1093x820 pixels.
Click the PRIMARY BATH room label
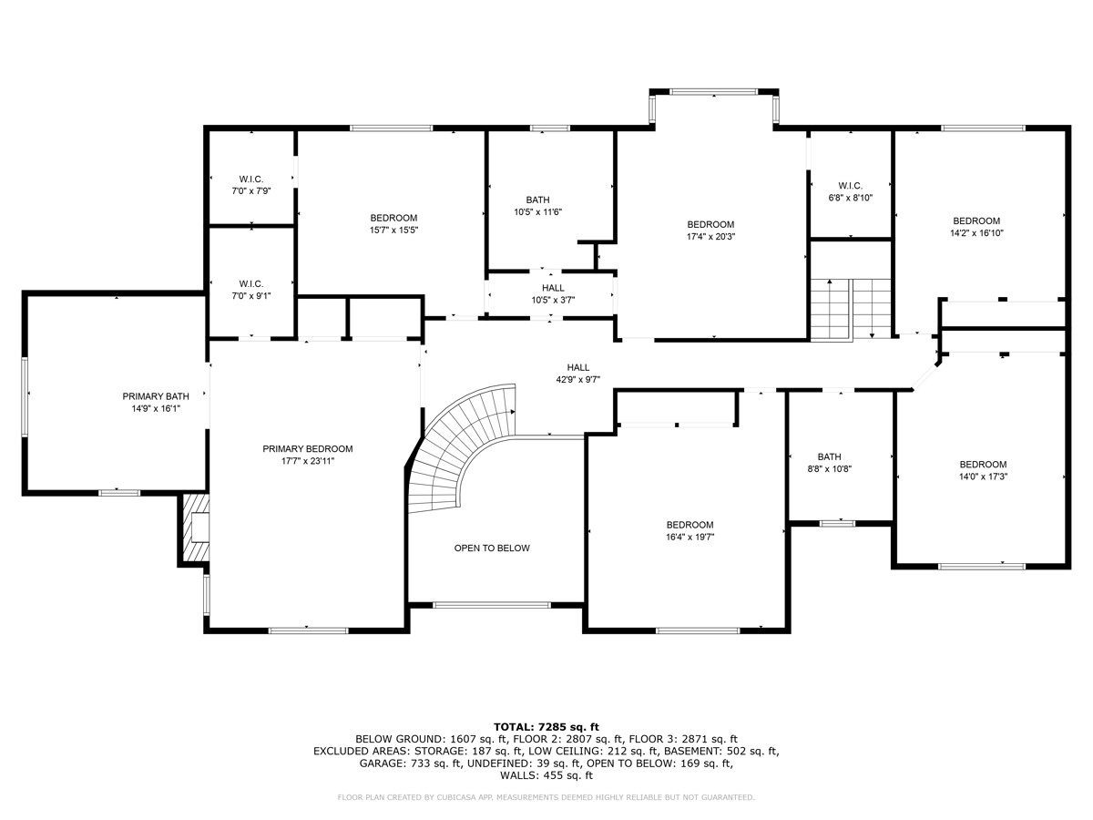pyautogui.click(x=156, y=396)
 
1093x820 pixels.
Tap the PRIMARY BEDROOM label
pyautogui.click(x=307, y=448)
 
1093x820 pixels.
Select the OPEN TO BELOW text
pyautogui.click(x=492, y=548)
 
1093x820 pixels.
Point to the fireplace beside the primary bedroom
pyautogui.click(x=196, y=528)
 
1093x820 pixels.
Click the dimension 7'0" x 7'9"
pyautogui.click(x=251, y=191)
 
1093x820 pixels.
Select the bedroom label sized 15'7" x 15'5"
pyautogui.click(x=393, y=218)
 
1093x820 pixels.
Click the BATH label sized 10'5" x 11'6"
pyautogui.click(x=537, y=200)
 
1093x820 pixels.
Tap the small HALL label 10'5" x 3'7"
pyautogui.click(x=553, y=288)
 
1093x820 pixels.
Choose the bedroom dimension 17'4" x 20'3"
pyautogui.click(x=710, y=237)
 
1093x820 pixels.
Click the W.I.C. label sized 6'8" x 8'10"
pyautogui.click(x=850, y=185)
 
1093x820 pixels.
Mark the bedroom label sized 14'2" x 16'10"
pyautogui.click(x=976, y=220)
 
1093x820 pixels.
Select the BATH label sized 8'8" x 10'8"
pyautogui.click(x=829, y=456)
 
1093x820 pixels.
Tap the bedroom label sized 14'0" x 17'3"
pyautogui.click(x=983, y=464)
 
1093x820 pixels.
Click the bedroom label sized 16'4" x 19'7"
pyautogui.click(x=690, y=525)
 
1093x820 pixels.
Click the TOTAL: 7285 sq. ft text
pyautogui.click(x=546, y=726)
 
